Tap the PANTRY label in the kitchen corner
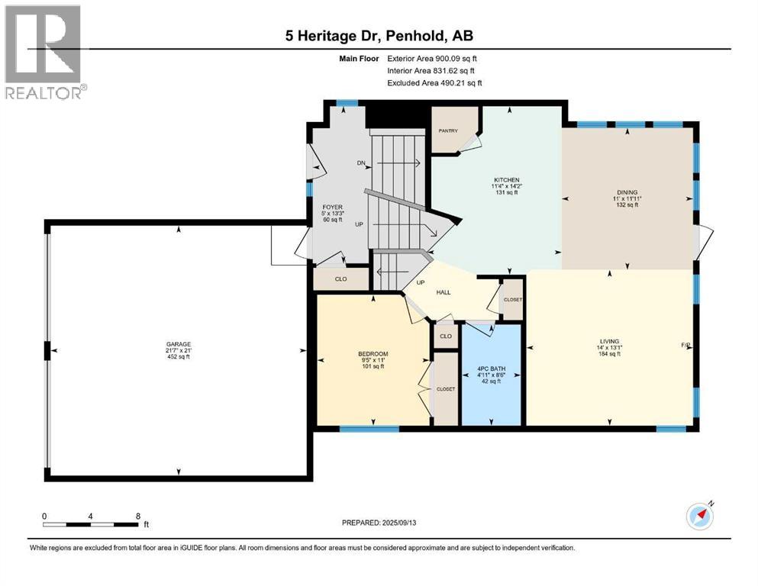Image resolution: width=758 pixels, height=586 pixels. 447,130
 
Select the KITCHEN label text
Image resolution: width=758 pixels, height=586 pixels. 506,181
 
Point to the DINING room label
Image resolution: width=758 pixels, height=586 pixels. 627,192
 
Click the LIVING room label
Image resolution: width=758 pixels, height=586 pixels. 609,341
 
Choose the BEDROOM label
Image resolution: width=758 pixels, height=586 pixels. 373,354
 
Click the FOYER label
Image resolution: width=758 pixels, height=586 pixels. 332,207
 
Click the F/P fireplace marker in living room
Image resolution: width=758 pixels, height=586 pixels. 685,346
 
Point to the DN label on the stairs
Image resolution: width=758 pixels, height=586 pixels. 361,163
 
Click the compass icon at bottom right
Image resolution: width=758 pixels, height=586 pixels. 700,516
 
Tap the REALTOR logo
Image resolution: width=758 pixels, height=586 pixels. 45,53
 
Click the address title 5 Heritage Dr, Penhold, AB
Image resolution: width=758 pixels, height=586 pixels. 379,36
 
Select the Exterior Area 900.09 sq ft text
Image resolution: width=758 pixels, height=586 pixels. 434,58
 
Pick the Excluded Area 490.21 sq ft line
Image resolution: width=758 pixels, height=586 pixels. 434,82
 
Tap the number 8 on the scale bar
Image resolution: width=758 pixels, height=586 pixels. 137,517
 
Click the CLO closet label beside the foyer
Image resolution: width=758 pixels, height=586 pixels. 340,279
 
